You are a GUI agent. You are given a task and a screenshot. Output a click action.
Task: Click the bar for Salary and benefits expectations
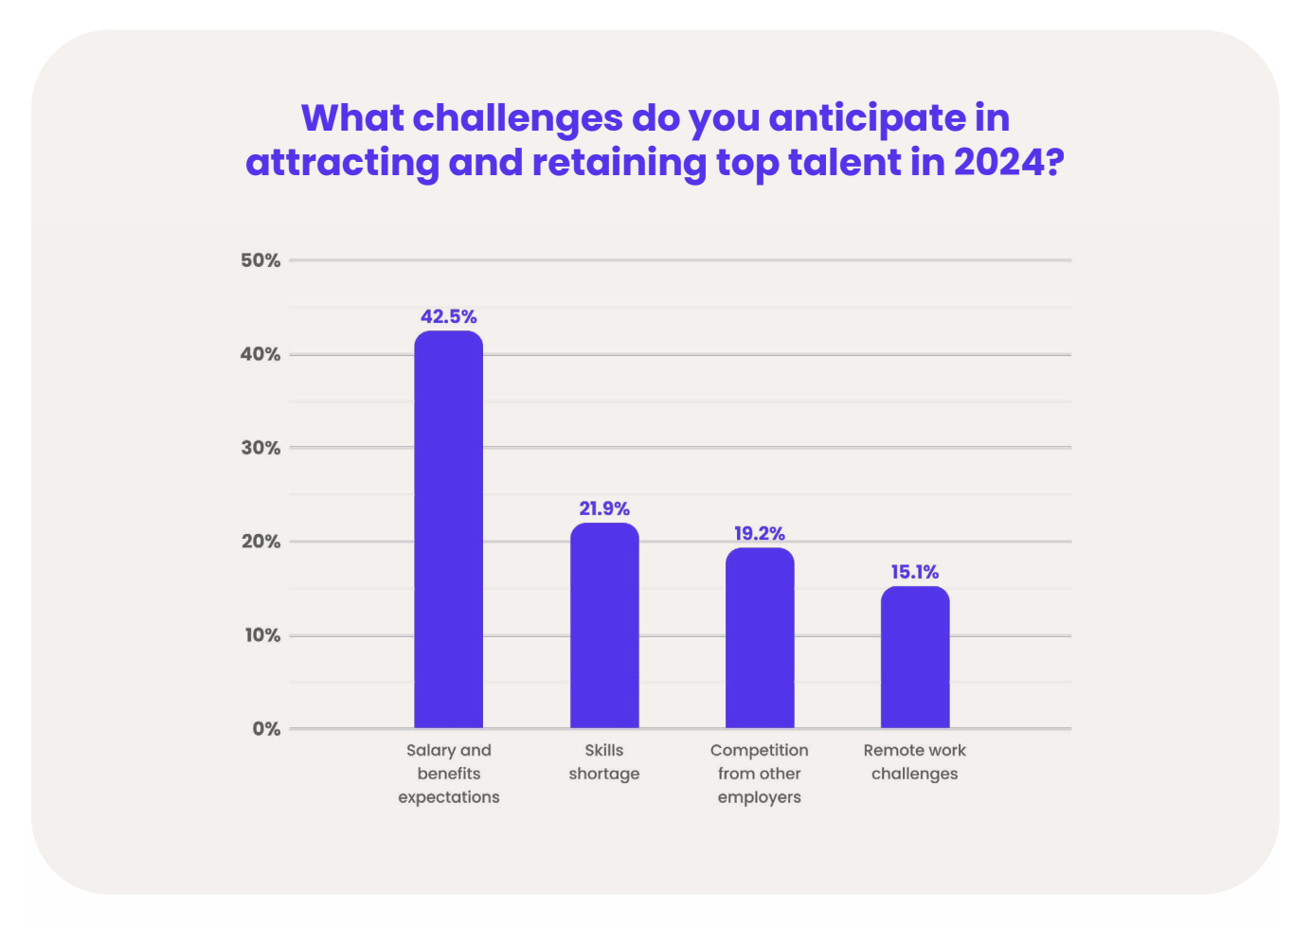coord(448,530)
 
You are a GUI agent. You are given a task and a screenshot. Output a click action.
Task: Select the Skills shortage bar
coord(604,626)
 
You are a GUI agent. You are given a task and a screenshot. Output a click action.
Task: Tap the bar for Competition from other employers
coord(760,638)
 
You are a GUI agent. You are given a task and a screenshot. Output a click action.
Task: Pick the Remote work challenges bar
coord(915,657)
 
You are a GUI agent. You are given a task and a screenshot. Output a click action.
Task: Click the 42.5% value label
coord(448,316)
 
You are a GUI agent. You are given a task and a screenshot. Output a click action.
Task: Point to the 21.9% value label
coord(604,508)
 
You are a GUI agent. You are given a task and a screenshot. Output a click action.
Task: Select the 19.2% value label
coord(760,533)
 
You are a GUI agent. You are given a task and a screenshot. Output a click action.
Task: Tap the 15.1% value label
coord(915,572)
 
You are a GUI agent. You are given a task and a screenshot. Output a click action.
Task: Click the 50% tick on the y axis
coord(260,260)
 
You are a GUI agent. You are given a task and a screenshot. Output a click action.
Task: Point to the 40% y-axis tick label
coord(260,354)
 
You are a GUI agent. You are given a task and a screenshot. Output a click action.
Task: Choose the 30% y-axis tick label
coord(260,448)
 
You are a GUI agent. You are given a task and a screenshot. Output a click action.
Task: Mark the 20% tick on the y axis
coord(260,542)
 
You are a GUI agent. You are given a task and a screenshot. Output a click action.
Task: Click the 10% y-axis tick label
coord(262,635)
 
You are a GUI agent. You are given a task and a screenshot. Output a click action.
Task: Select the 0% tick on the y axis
coord(266,729)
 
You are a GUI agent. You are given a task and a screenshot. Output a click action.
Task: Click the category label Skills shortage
coord(604,762)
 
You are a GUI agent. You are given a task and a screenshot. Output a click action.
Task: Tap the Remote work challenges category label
coord(915,762)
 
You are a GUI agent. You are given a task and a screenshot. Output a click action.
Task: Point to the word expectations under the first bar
coord(449,797)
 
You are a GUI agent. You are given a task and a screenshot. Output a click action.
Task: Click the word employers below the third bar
coord(760,797)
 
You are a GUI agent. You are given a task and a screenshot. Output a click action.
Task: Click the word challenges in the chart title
coord(518,118)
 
